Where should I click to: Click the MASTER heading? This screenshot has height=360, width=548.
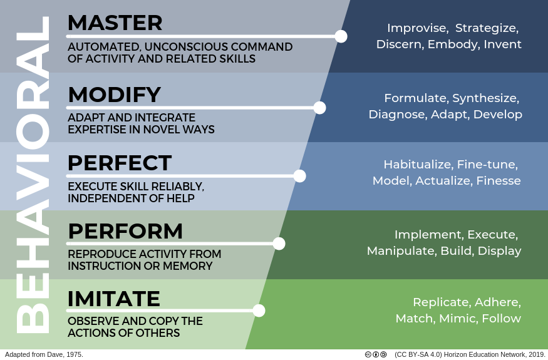[115, 23]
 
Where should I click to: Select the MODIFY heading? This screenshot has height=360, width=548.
[114, 95]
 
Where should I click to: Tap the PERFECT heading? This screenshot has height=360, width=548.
[120, 163]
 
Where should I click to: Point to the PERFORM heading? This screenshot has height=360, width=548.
[125, 231]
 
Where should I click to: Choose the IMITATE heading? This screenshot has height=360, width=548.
[113, 299]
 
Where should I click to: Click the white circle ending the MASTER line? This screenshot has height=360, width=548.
[341, 36]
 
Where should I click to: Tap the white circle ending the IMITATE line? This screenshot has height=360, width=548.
[259, 311]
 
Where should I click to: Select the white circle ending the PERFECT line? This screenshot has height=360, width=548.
[299, 176]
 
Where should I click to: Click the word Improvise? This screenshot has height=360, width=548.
[418, 28]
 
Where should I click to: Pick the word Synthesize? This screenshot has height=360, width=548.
[486, 98]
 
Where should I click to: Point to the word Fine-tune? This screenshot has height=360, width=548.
[487, 164]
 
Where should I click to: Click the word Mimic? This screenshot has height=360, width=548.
[458, 319]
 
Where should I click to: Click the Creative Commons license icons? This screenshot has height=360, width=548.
[376, 354]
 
